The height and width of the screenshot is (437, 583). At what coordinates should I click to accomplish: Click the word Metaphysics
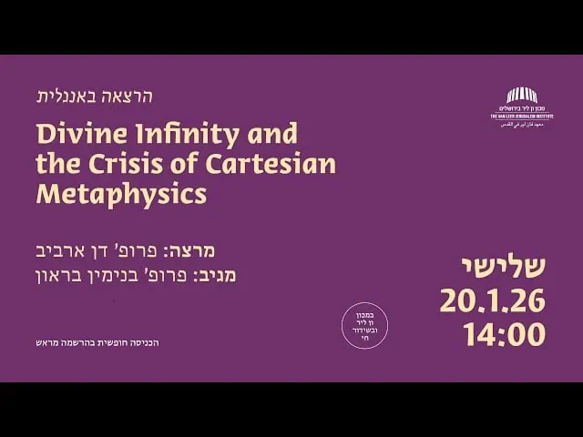click(121, 194)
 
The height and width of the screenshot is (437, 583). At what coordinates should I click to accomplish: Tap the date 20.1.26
click(493, 300)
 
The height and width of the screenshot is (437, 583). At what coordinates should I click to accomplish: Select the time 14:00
click(505, 334)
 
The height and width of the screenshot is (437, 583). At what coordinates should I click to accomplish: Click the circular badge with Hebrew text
click(364, 325)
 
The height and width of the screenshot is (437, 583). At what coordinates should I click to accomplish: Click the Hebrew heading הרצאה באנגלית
click(94, 97)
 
